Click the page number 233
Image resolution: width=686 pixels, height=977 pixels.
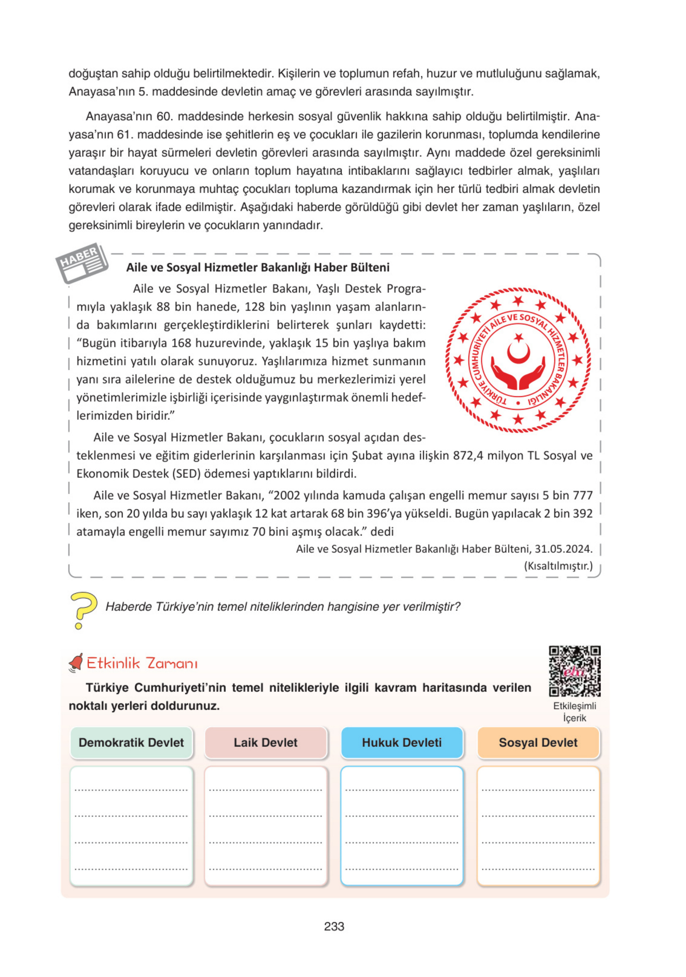[334, 926]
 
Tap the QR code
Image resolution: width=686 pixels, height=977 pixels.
[574, 671]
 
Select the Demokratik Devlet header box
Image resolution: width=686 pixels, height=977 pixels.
[131, 742]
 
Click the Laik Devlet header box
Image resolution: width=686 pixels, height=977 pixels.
[266, 742]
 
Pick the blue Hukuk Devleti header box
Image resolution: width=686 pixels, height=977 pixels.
[402, 742]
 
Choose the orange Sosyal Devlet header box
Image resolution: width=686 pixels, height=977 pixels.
[538, 742]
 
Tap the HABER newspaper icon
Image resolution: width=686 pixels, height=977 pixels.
[82, 262]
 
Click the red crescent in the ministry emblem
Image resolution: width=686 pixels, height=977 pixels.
[518, 352]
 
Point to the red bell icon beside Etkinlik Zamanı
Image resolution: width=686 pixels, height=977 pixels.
[76, 663]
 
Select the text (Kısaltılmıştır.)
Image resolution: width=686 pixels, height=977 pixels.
[558, 566]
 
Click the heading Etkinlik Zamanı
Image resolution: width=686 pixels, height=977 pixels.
[142, 663]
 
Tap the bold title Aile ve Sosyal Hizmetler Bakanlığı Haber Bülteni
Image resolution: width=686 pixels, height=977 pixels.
[258, 267]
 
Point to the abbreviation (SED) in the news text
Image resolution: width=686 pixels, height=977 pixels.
[186, 474]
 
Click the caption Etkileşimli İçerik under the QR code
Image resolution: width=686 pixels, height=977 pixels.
[574, 711]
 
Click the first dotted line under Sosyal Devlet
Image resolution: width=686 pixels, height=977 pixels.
[538, 790]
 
